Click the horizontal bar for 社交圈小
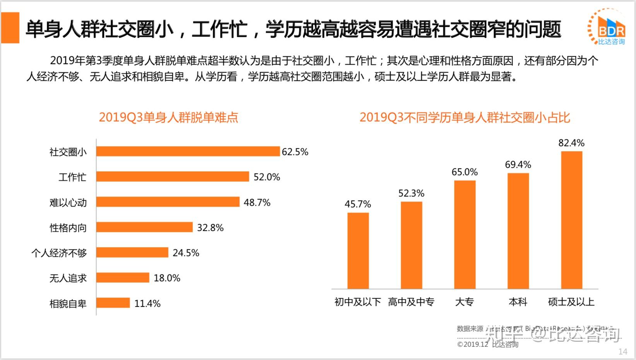[x=188, y=151]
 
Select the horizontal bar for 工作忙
[x=173, y=177]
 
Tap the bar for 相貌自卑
[x=113, y=303]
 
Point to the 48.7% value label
[x=257, y=202]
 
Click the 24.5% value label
[x=186, y=253]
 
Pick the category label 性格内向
[x=68, y=228]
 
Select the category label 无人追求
[x=68, y=278]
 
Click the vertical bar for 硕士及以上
[x=571, y=220]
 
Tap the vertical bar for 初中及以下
[x=358, y=251]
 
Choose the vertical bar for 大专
[x=465, y=235]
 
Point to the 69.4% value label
[x=518, y=165]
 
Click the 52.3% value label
[x=411, y=193]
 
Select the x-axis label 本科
[x=518, y=302]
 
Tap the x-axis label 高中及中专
[x=411, y=302]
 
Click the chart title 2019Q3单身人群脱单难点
[x=168, y=117]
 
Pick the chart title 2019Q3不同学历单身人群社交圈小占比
[x=465, y=117]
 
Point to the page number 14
[x=622, y=351]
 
